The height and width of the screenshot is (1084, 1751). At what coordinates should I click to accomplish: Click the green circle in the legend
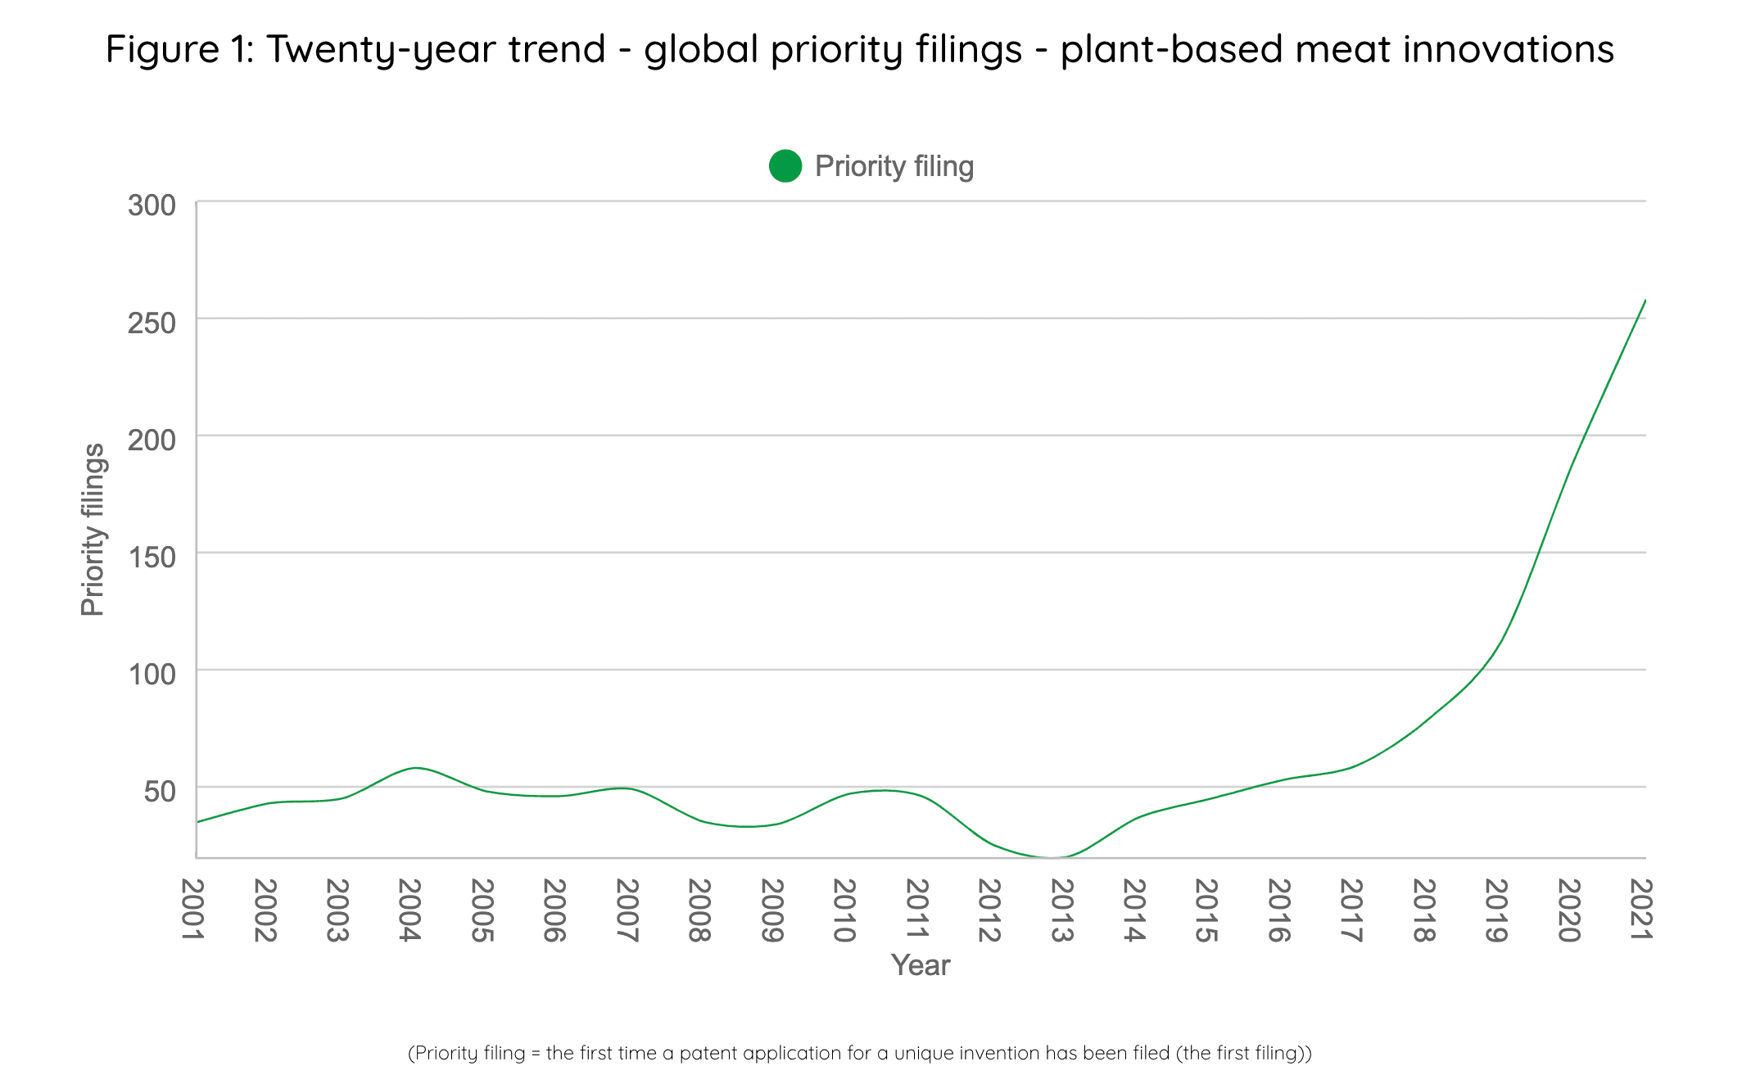[x=785, y=166]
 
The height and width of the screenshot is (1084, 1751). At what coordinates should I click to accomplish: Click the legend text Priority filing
[x=894, y=166]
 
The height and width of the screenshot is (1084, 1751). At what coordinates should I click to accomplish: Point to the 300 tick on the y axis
[x=152, y=206]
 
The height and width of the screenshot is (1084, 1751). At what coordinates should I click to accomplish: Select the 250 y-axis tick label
[x=152, y=323]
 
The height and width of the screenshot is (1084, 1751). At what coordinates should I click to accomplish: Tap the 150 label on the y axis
[x=152, y=558]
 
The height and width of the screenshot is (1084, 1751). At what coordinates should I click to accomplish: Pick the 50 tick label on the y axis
[x=161, y=792]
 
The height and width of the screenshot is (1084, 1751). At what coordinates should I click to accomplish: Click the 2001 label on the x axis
[x=192, y=910]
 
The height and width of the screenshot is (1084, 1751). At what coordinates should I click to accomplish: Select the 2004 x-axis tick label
[x=409, y=910]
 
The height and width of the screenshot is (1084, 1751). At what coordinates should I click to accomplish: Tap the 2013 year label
[x=1061, y=910]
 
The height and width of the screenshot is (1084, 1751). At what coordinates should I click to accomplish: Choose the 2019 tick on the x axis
[x=1496, y=910]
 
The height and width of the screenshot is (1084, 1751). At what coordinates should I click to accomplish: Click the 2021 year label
[x=1641, y=910]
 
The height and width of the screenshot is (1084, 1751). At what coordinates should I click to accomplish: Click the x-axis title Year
[x=921, y=965]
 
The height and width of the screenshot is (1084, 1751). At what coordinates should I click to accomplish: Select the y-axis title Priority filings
[x=93, y=530]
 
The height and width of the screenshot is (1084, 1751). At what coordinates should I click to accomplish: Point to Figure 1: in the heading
[x=180, y=49]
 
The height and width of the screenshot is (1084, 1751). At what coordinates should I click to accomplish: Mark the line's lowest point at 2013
[x=1055, y=857]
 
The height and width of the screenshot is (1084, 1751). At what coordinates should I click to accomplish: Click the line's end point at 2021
[x=1645, y=300]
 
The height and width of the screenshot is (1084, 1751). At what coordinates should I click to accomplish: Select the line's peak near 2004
[x=416, y=768]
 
